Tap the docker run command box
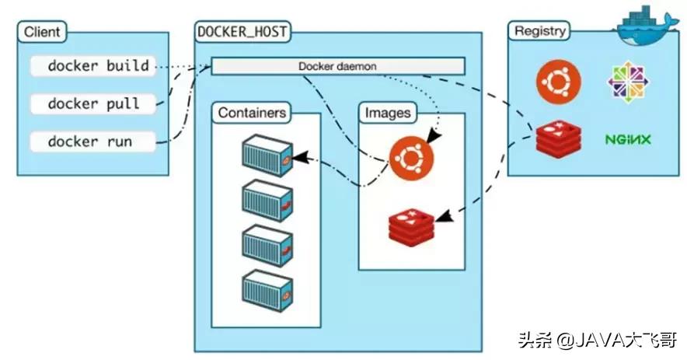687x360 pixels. coord(90,142)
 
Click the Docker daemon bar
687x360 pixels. coord(337,66)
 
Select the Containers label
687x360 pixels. coord(252,113)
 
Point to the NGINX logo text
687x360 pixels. coord(628,140)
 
